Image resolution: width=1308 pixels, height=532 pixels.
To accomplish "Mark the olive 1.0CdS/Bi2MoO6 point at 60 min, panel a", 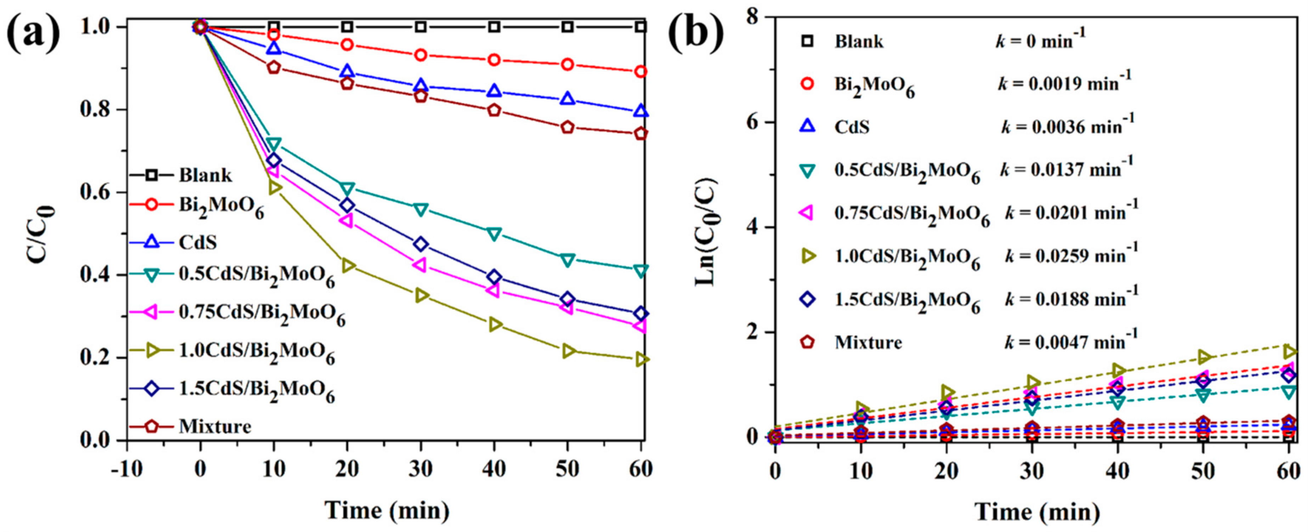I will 641,359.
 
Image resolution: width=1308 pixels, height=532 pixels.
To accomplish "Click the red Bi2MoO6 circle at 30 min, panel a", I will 421,55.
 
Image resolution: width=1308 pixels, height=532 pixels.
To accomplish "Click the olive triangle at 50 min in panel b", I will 1203,357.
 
